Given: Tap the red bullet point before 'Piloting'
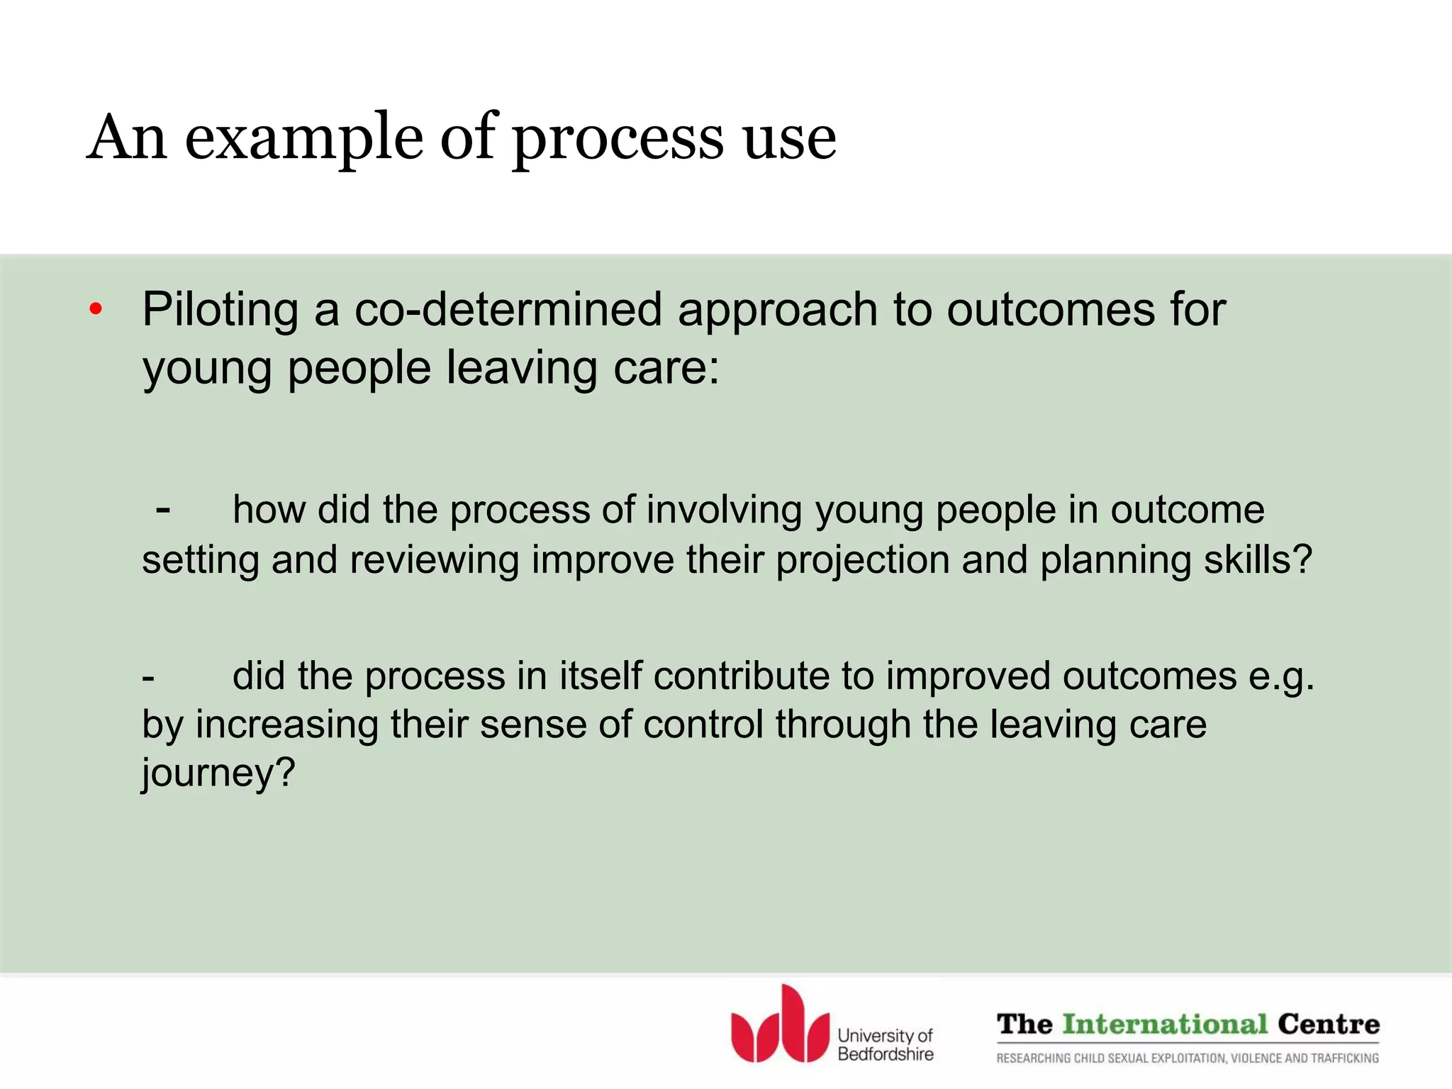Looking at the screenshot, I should click(96, 310).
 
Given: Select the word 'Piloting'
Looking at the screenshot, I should click(220, 310).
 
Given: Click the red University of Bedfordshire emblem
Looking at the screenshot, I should click(780, 1024).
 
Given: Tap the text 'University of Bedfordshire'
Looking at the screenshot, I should click(885, 1045).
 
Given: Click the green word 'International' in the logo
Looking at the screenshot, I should click(1164, 1024).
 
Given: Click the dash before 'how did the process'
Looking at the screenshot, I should click(163, 510).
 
